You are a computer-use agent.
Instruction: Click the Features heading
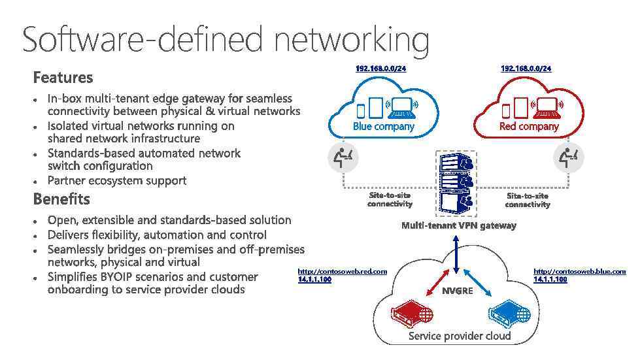63,78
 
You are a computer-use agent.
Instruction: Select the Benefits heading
61,199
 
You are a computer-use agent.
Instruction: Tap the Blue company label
383,126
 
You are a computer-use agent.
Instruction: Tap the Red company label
529,126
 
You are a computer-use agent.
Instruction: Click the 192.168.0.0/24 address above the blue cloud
380,69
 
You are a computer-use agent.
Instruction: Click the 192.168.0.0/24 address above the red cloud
526,69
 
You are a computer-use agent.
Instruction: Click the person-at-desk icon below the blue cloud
343,157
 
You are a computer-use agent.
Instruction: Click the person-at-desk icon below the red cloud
568,157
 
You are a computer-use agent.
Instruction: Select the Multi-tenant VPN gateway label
458,225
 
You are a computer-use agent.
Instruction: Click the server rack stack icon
456,184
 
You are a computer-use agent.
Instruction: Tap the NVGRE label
457,291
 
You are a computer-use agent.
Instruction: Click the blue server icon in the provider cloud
509,314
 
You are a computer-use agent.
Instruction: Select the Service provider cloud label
459,336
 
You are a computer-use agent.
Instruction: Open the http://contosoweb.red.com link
342,271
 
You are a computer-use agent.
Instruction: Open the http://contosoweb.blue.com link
579,271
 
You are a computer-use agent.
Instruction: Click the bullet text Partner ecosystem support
117,180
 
